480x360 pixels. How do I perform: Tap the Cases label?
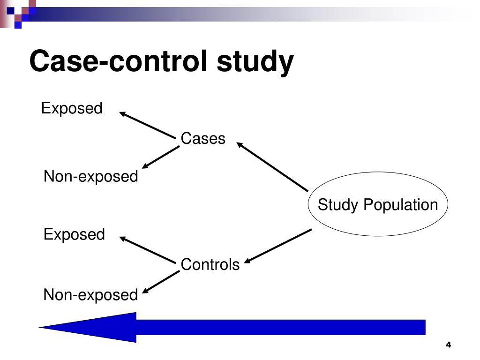coord(203,139)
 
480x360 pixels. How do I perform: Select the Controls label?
coord(210,265)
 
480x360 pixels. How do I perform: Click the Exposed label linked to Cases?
coord(72,109)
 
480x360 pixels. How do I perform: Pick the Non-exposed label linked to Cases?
coord(91,177)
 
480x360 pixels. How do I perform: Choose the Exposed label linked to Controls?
coord(74,234)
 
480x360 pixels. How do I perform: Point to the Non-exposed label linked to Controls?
coord(91,295)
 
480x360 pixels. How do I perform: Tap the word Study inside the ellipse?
coord(338,205)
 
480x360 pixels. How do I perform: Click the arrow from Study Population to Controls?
coord(278,246)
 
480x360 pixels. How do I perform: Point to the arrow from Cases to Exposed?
coord(147,125)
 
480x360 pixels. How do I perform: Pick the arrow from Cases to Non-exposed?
coord(160,157)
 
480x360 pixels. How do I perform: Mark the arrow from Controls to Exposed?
coord(147,249)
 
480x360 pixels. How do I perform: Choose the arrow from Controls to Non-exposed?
coord(160,283)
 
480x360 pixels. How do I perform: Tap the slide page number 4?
coord(448,345)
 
